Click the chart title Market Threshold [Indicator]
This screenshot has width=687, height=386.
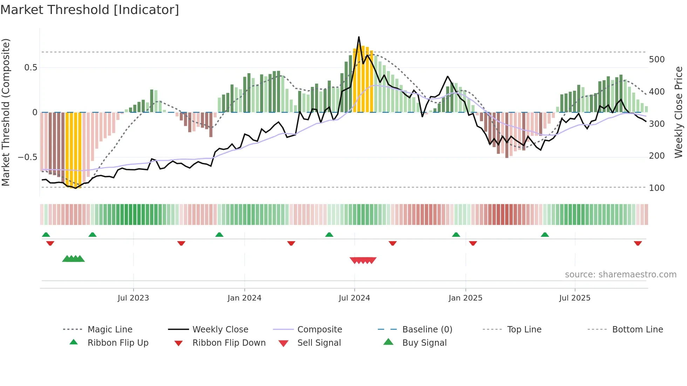(x=90, y=10)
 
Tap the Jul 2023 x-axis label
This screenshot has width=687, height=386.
(x=133, y=298)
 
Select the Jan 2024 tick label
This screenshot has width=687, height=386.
(x=244, y=298)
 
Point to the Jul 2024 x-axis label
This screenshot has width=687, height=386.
(x=354, y=298)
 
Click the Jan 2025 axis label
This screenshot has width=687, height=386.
(x=465, y=298)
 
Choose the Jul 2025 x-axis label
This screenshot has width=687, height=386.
(x=575, y=298)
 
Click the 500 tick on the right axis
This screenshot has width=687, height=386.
(x=657, y=60)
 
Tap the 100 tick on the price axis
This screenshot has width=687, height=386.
(x=657, y=188)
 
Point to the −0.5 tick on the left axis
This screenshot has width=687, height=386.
(x=28, y=157)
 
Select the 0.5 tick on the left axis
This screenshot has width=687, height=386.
(x=30, y=68)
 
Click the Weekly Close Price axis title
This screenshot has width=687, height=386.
(x=679, y=112)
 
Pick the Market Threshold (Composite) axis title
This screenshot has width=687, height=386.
(x=6, y=112)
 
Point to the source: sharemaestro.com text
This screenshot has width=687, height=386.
(x=620, y=275)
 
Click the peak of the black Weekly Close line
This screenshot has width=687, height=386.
(x=359, y=37)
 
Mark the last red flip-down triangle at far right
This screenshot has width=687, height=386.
(x=638, y=243)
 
